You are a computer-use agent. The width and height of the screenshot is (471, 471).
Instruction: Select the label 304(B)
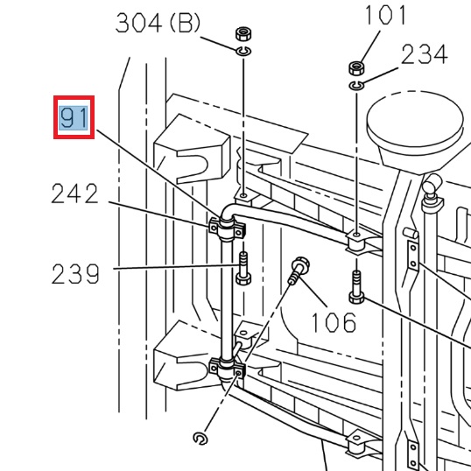pos(158,24)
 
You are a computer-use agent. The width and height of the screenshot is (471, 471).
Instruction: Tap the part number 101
pos(385,16)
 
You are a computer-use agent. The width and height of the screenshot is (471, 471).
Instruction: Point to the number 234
pos(425,54)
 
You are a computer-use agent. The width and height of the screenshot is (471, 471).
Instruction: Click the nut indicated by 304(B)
pos(243,37)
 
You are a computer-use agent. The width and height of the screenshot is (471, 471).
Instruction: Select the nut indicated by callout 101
pos(356,67)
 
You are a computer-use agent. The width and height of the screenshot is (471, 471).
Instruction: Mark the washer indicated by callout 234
pos(356,85)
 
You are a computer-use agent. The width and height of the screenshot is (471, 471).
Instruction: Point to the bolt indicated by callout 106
pos(298,271)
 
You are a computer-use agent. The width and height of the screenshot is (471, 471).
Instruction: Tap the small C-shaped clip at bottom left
pos(200,438)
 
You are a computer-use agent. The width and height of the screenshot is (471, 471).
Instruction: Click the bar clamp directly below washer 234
pos(359,241)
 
